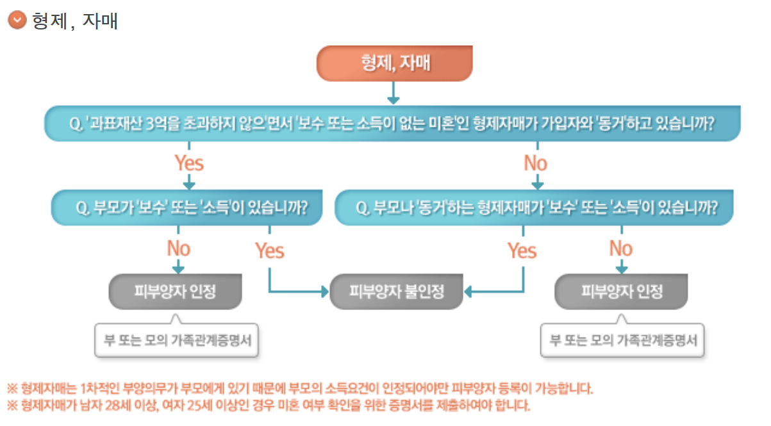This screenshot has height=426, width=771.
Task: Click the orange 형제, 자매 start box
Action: tap(394, 63)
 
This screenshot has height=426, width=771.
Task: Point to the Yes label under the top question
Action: tap(189, 163)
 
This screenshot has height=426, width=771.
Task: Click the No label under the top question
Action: tap(535, 163)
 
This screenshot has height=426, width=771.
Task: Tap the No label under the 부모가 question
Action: tap(179, 248)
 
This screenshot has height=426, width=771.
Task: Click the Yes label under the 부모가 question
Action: tap(269, 250)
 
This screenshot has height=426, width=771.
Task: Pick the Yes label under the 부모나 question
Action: tap(522, 250)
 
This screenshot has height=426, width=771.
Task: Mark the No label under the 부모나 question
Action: tap(620, 248)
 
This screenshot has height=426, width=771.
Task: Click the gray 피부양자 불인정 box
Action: tap(396, 292)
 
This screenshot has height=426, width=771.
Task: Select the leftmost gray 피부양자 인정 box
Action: tap(176, 292)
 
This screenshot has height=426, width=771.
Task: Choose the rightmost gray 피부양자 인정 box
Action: tap(621, 292)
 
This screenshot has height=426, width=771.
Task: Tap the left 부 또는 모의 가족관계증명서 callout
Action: tap(176, 340)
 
